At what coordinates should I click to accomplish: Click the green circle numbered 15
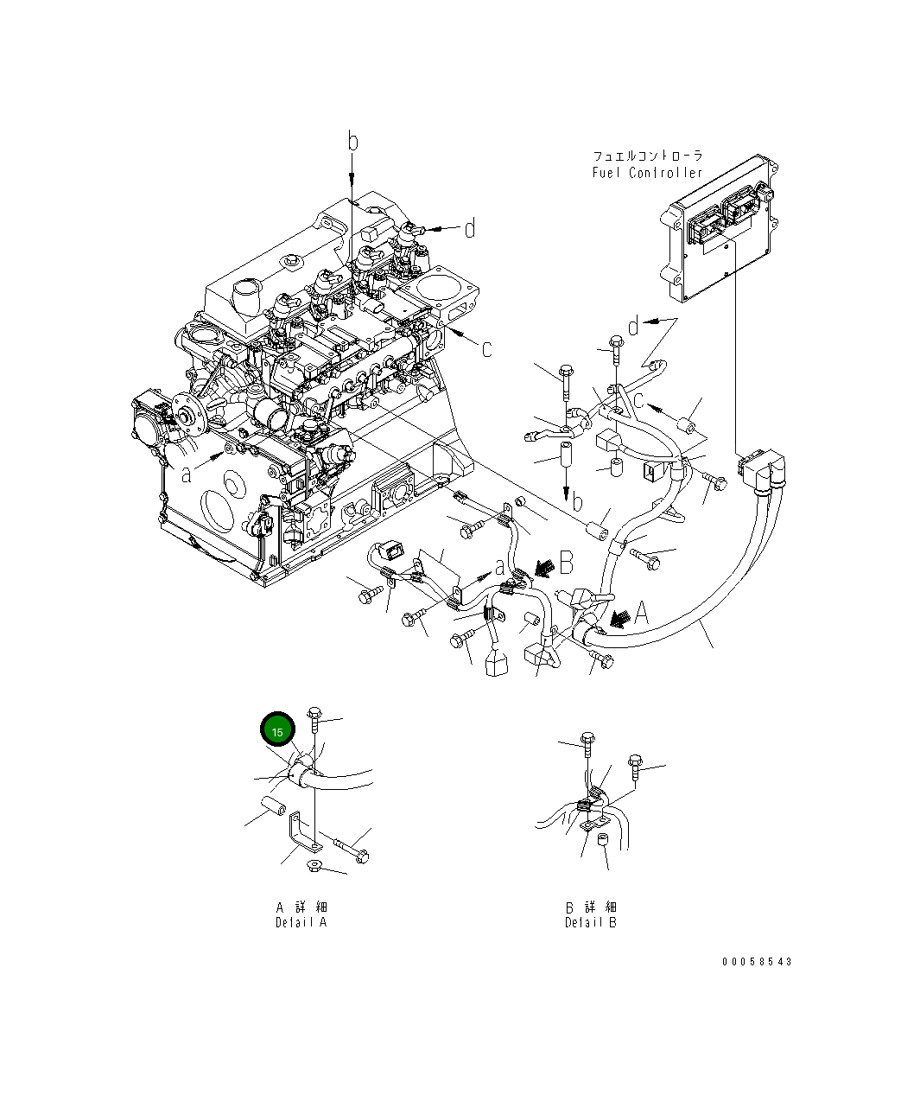click(x=277, y=730)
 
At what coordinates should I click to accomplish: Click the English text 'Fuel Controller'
click(x=647, y=173)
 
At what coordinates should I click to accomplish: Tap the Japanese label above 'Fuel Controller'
click(x=647, y=156)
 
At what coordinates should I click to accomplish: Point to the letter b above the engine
click(x=352, y=142)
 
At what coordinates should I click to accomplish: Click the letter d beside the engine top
click(x=469, y=229)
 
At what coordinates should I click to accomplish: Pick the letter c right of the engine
click(x=486, y=348)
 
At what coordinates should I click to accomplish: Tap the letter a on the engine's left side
click(x=186, y=474)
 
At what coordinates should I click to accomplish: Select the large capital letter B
click(x=566, y=564)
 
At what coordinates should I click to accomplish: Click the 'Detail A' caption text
click(x=301, y=922)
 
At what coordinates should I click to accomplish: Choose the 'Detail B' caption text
click(x=591, y=922)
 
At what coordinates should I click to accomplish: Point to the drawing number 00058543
click(x=757, y=961)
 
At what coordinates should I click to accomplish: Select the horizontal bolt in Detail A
click(x=351, y=850)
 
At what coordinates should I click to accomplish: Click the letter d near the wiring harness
click(x=633, y=327)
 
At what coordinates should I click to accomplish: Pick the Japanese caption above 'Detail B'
click(x=591, y=907)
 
